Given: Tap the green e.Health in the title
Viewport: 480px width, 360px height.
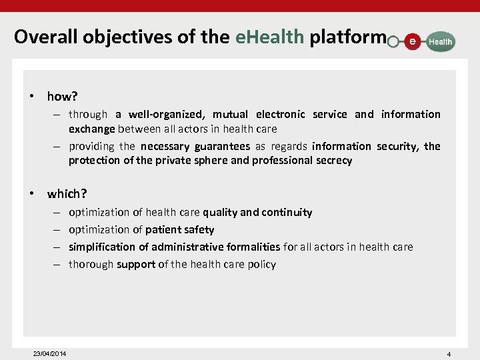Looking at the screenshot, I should [x=269, y=37].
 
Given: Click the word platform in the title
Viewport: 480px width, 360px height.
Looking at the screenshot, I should [x=347, y=37].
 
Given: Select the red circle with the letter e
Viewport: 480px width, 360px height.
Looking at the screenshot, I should [x=413, y=41].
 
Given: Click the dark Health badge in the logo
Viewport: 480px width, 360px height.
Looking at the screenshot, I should [x=440, y=41].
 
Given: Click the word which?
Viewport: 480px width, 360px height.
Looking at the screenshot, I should [x=67, y=194].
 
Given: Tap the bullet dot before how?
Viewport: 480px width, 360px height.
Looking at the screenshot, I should [x=31, y=97].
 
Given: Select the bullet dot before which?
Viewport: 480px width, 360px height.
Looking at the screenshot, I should [x=31, y=194].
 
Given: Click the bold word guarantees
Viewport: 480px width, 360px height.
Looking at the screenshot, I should [x=223, y=146].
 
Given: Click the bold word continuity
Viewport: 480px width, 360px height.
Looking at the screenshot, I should [x=287, y=213].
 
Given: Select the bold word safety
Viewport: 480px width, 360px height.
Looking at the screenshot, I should [x=198, y=230].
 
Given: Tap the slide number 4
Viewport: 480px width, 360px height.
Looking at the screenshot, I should [x=449, y=353].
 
